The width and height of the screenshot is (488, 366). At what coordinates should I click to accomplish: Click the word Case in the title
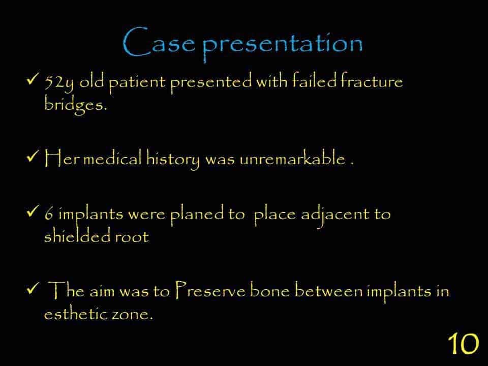click(159, 42)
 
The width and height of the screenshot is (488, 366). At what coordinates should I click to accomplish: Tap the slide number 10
click(463, 344)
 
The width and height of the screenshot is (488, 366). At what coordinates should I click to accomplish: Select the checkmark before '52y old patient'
click(33, 79)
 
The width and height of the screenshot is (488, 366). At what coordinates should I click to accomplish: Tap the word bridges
click(76, 105)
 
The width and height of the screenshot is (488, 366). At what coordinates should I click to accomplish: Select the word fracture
click(371, 81)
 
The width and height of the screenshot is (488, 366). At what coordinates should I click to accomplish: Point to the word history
click(173, 159)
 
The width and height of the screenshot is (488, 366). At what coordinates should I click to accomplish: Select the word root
click(132, 237)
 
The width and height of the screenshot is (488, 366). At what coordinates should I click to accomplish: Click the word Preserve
click(210, 290)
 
